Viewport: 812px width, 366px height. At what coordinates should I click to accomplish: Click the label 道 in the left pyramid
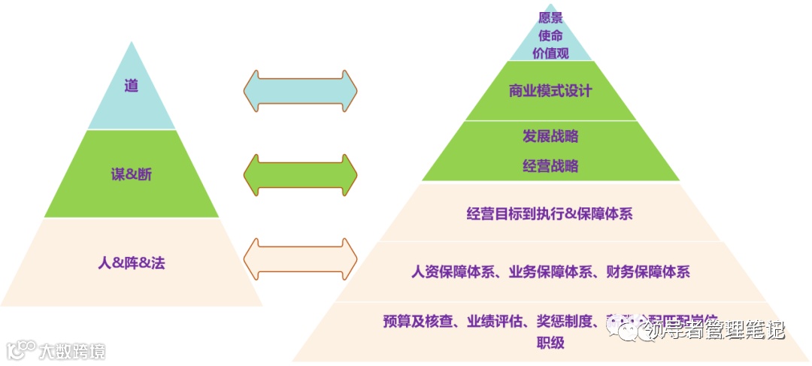(x=132, y=86)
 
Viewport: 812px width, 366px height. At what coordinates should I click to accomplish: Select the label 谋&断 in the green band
(x=132, y=174)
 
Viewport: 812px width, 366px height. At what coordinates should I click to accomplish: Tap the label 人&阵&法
(x=132, y=263)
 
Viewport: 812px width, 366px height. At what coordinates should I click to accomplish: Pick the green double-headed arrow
(x=300, y=175)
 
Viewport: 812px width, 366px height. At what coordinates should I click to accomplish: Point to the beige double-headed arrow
(x=300, y=259)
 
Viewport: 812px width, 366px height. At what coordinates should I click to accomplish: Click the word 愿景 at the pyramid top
(x=550, y=17)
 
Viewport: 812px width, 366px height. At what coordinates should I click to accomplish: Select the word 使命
(x=550, y=35)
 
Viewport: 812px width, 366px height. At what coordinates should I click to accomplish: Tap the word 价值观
(x=550, y=53)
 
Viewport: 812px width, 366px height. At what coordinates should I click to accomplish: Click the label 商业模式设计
(x=550, y=91)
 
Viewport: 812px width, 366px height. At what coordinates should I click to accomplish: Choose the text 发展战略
(x=550, y=137)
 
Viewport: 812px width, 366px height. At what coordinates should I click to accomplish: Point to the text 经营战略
(x=550, y=166)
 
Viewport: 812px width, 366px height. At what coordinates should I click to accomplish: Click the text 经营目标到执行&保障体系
(x=550, y=213)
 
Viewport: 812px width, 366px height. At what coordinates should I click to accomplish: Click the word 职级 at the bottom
(x=550, y=343)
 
